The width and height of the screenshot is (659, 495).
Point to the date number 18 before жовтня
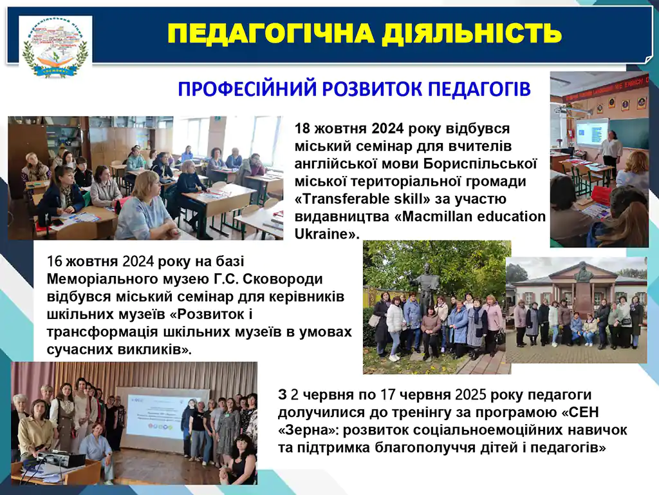[x=302, y=128]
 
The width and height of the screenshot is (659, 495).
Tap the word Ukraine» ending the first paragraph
[x=327, y=234]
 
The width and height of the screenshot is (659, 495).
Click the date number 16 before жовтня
[x=55, y=261]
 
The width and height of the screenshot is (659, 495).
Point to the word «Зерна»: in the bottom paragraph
[x=308, y=430]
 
